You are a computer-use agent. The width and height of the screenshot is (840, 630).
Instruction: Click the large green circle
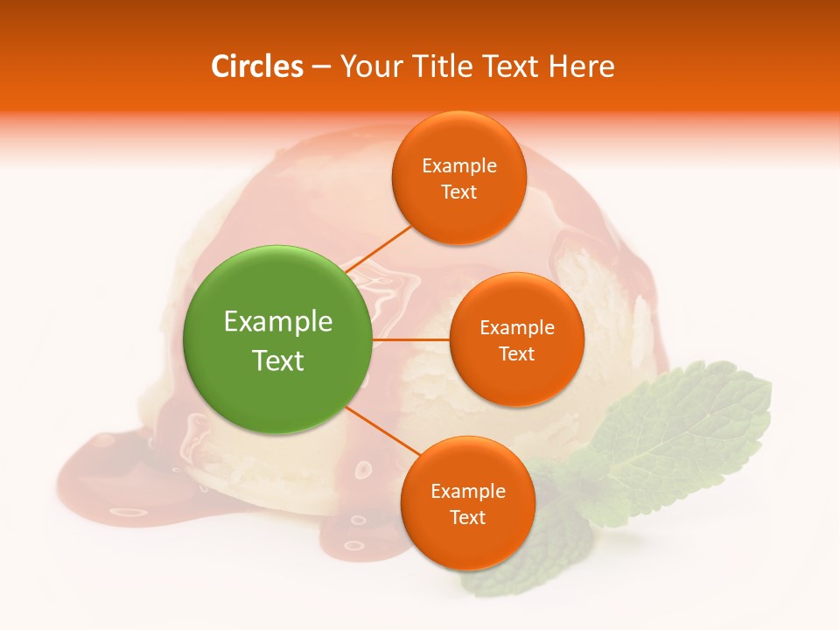278,339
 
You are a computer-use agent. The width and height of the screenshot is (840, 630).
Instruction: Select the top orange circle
458,178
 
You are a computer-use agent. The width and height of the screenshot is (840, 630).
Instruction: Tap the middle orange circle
516,339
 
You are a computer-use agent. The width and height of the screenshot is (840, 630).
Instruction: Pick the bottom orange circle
467,503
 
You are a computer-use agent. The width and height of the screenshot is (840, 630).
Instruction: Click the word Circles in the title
257,66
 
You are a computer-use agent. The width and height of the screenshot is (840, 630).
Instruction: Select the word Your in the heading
367,66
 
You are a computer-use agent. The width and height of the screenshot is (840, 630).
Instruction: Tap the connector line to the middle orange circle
410,339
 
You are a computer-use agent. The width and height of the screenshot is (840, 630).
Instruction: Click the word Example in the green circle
278,322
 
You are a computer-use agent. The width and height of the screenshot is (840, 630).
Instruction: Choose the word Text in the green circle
278,360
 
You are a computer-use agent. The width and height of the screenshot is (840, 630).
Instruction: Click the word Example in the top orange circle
459,165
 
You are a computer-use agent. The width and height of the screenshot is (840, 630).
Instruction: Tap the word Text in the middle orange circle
516,353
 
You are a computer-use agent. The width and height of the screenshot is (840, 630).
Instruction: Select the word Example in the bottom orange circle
468,491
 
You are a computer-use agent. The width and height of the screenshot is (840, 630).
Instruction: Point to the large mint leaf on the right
691,429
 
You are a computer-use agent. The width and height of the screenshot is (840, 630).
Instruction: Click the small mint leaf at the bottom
516,560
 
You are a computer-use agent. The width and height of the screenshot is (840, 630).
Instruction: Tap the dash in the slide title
320,66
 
